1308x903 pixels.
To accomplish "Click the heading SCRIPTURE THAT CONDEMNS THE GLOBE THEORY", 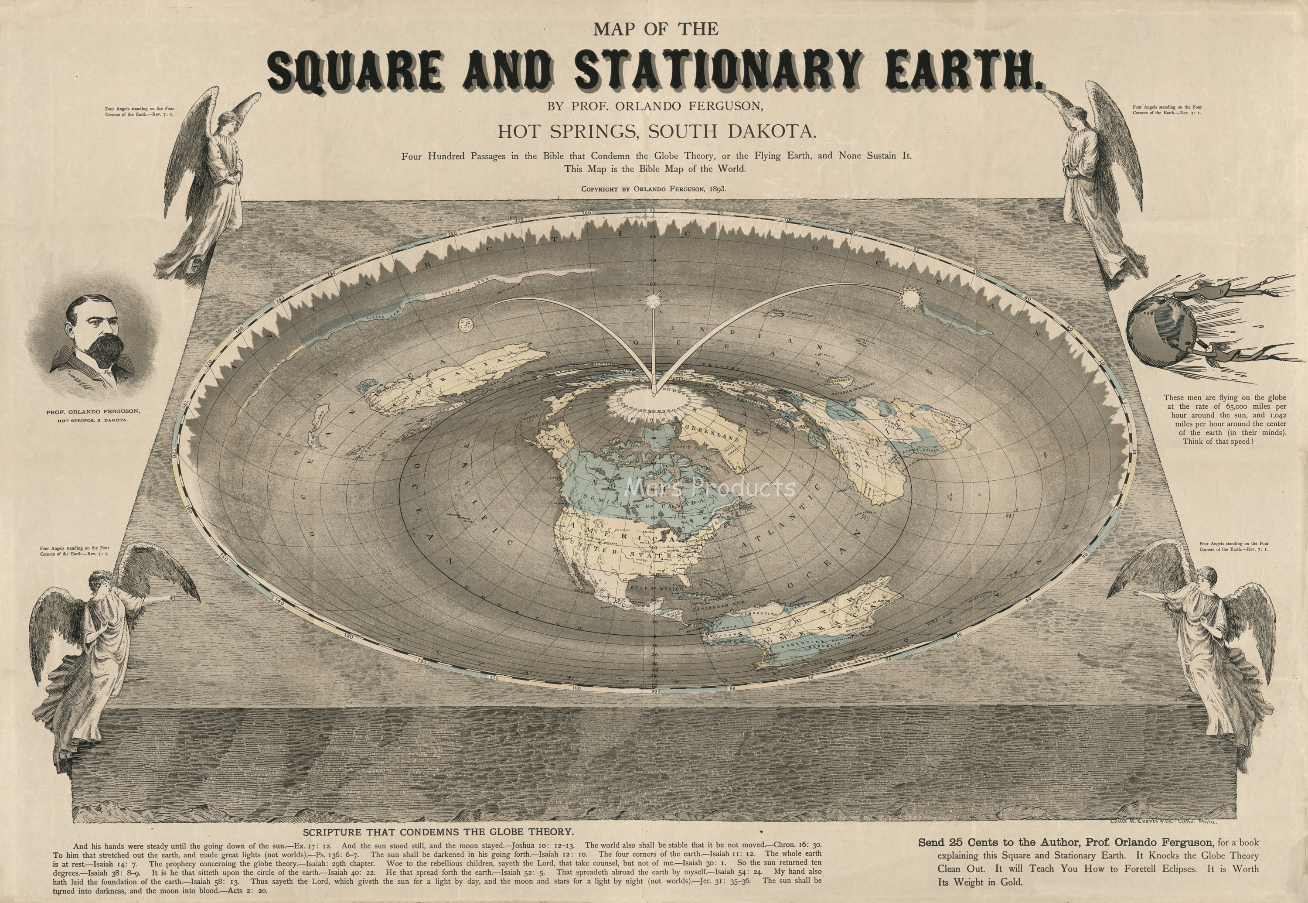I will (438, 832).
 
